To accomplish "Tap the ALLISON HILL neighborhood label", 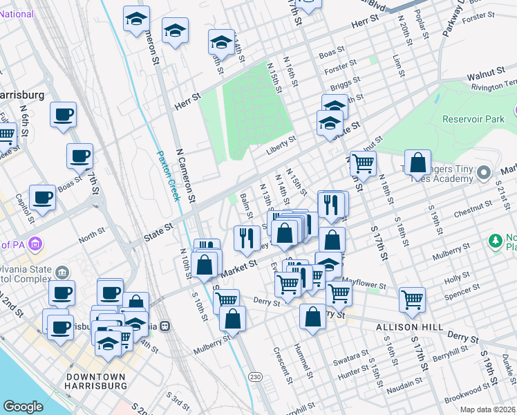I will coord(403,326).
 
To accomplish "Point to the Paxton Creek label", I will coord(169,176).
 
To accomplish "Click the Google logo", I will coord(23,407).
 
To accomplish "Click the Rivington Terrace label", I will coord(491,87).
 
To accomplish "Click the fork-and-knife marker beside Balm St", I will coord(247,237).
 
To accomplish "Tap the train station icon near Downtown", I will coord(164,326).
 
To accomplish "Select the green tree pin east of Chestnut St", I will coord(495,241).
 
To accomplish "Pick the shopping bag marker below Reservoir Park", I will coord(417,163).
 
